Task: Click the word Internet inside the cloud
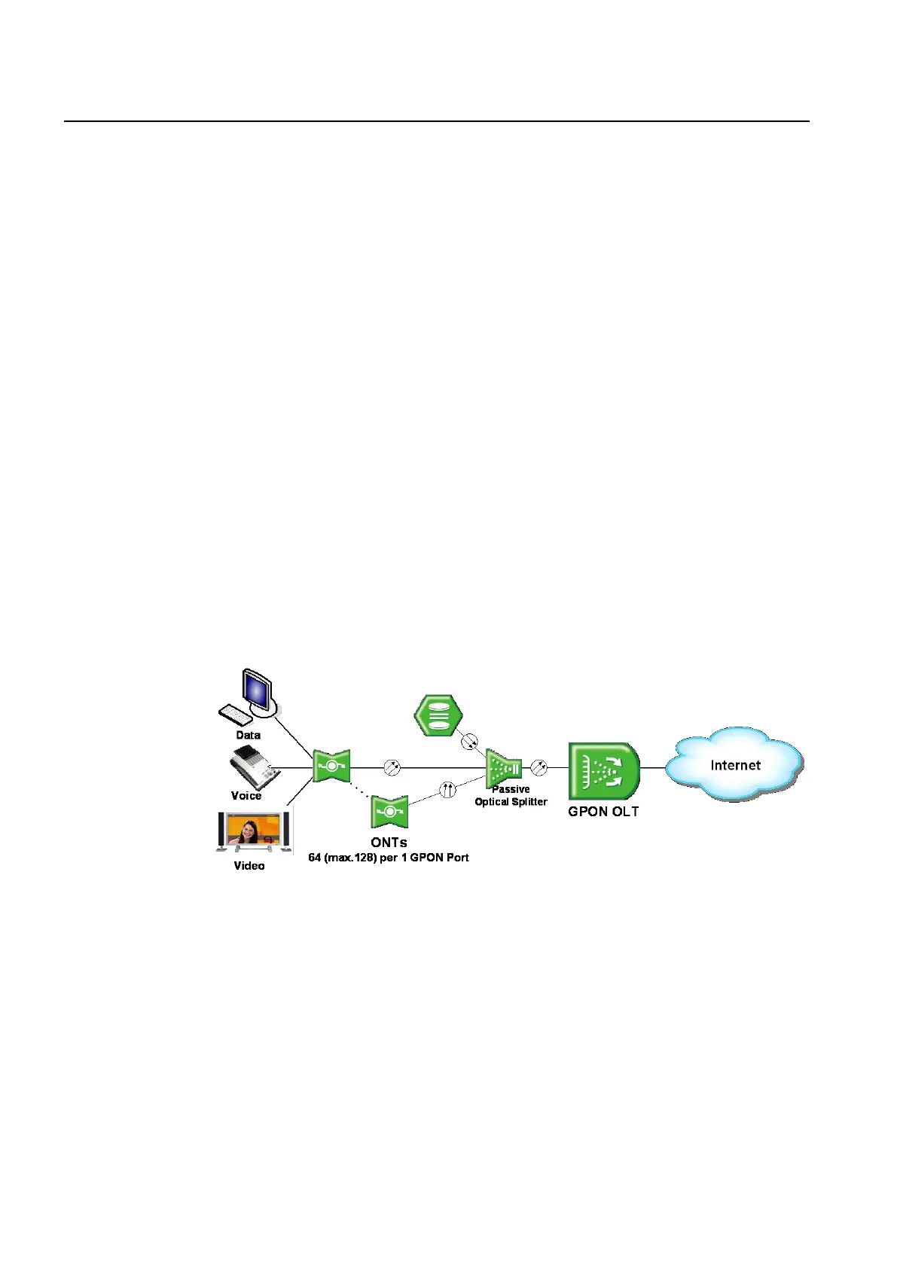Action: point(735,765)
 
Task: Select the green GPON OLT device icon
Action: point(604,771)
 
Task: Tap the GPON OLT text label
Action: point(603,812)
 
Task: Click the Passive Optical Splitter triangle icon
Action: point(503,768)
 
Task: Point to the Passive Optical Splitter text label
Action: point(511,796)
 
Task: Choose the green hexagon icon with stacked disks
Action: point(438,715)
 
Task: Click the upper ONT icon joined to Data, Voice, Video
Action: point(331,767)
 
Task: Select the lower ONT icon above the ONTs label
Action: point(389,812)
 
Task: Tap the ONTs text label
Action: point(389,843)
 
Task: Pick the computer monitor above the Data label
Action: point(256,690)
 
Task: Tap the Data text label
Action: point(248,735)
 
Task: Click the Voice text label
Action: point(246,796)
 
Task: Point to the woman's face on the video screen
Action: point(248,829)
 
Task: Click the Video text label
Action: point(249,866)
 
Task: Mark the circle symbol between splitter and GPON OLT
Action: point(539,768)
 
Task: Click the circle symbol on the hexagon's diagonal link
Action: point(469,741)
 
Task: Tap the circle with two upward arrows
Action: point(447,790)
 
